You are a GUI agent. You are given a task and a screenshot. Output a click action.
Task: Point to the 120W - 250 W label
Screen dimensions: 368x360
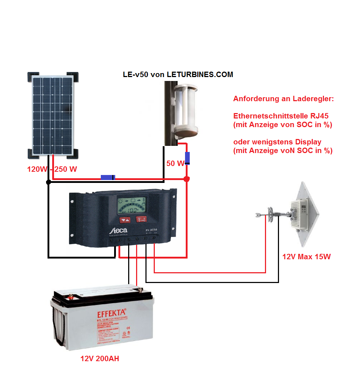click(52, 169)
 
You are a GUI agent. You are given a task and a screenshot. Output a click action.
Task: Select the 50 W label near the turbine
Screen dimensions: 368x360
click(175, 163)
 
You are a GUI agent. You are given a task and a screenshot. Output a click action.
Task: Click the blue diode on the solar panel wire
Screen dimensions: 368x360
click(108, 177)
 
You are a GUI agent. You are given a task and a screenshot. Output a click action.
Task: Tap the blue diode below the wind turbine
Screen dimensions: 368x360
click(187, 158)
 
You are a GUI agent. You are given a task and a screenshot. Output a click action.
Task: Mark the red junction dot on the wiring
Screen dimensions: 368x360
click(186, 179)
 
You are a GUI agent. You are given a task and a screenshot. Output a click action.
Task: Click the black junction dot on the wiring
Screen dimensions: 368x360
click(48, 183)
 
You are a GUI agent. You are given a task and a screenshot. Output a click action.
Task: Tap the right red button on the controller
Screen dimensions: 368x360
click(141, 220)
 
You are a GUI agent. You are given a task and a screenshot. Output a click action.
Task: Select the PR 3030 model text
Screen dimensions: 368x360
click(149, 229)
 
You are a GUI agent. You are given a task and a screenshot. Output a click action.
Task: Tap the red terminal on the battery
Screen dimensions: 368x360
click(71, 297)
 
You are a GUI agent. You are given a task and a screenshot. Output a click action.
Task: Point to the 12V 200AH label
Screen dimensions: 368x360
click(100, 359)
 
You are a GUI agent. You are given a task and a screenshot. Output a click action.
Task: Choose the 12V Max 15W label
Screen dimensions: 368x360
click(306, 257)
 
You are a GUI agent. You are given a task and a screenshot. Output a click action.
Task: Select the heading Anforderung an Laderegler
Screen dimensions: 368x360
click(283, 99)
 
